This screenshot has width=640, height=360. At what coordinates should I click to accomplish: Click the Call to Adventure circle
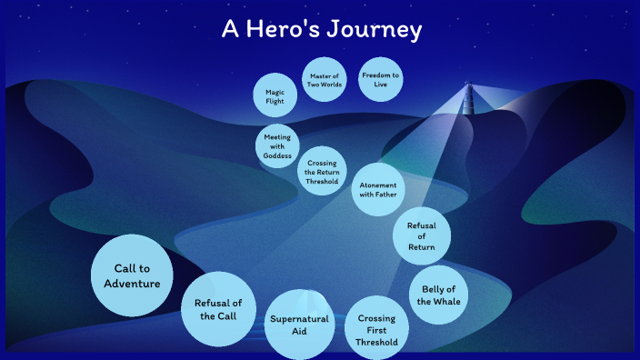pyautogui.click(x=132, y=275)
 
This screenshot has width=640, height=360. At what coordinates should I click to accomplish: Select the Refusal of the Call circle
pyautogui.click(x=218, y=309)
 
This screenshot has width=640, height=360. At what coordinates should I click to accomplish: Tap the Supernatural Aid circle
pyautogui.click(x=298, y=325)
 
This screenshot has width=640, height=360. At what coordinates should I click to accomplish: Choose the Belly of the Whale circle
pyautogui.click(x=439, y=295)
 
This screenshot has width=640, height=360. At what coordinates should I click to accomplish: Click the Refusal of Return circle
pyautogui.click(x=422, y=235)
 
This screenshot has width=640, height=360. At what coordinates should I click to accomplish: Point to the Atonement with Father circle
pyautogui.click(x=377, y=189)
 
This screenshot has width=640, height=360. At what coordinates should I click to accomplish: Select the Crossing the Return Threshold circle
pyautogui.click(x=323, y=170)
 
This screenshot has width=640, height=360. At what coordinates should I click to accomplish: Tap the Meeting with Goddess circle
pyautogui.click(x=277, y=145)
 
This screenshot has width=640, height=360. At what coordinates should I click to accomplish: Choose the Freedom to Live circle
pyautogui.click(x=380, y=79)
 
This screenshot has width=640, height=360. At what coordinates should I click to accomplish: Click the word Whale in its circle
pyautogui.click(x=439, y=302)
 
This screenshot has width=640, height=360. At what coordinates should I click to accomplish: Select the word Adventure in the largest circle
pyautogui.click(x=132, y=284)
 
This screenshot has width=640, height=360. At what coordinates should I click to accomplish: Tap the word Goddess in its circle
pyautogui.click(x=277, y=155)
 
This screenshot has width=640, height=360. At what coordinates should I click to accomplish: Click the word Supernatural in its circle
pyautogui.click(x=298, y=319)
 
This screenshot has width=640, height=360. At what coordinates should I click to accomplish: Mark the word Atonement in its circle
pyautogui.click(x=377, y=185)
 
